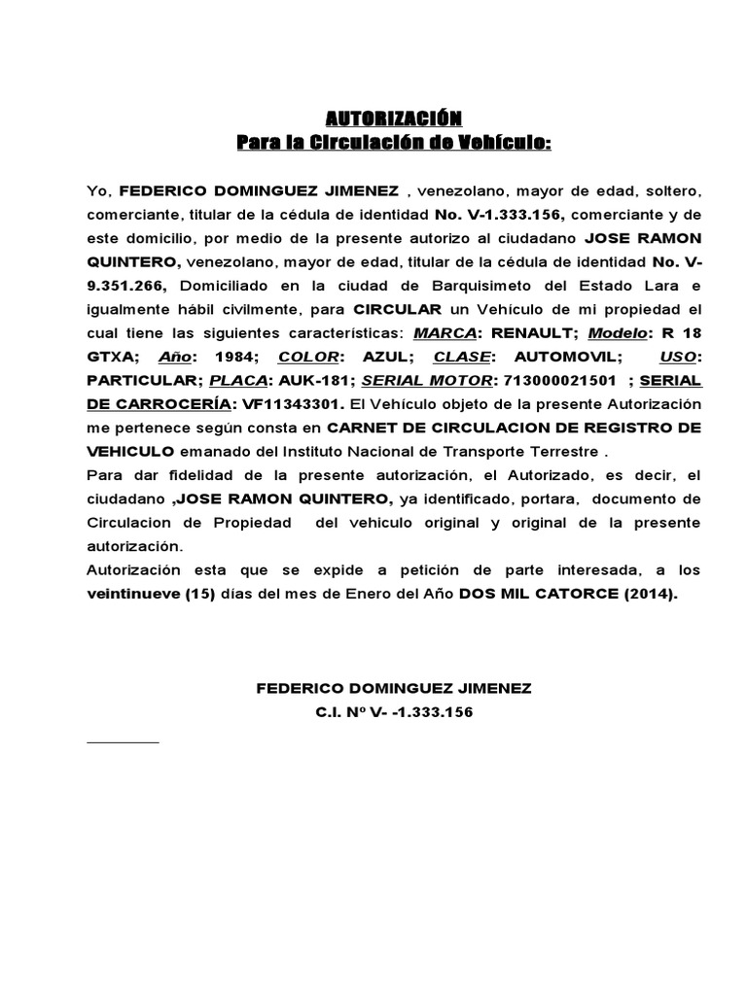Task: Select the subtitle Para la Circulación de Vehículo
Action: coord(394,144)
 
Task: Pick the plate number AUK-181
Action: coord(311,382)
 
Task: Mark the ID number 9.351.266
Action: coord(124,287)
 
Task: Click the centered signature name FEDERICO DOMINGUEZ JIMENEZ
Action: coord(393,688)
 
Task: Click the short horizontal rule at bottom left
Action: coord(123,741)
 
